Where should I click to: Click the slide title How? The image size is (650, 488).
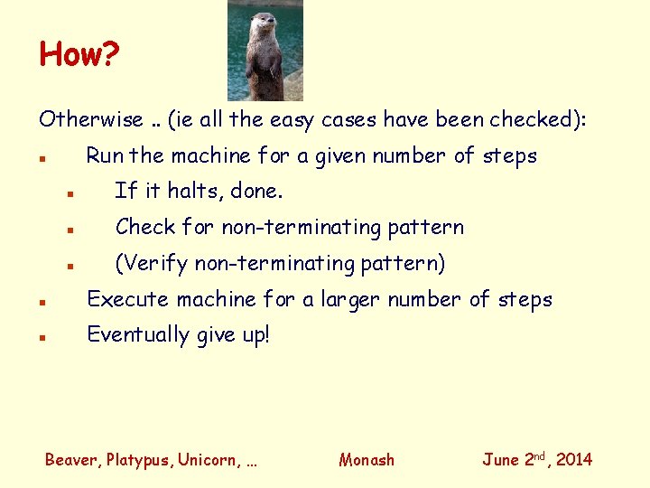pyautogui.click(x=79, y=55)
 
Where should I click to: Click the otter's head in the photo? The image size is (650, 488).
pyautogui.click(x=264, y=23)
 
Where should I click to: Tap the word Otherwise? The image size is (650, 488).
pyautogui.click(x=90, y=119)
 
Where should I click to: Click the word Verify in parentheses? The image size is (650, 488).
pyautogui.click(x=156, y=263)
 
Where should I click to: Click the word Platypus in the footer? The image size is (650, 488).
pyautogui.click(x=139, y=460)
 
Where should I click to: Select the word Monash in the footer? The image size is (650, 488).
pyautogui.click(x=367, y=460)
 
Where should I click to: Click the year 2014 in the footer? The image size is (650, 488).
pyautogui.click(x=574, y=460)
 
